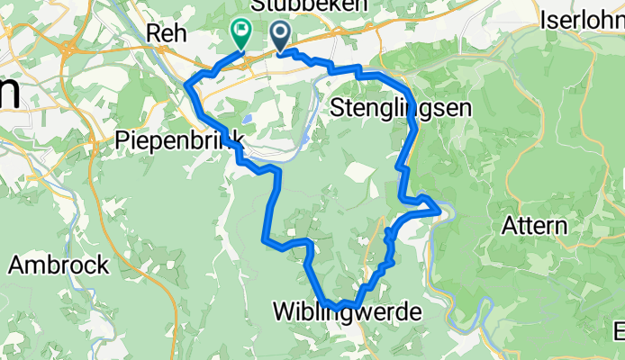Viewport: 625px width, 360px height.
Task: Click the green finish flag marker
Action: (241, 34)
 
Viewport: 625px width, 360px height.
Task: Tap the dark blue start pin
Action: (280, 36)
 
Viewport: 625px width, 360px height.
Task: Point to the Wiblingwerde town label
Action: (347, 312)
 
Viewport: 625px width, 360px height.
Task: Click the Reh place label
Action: (167, 33)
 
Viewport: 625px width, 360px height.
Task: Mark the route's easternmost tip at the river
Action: (439, 209)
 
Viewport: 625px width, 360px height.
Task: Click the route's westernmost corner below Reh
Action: (187, 85)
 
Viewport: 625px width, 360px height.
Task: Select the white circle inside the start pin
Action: (280, 31)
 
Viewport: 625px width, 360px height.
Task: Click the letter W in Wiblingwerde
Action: (282, 312)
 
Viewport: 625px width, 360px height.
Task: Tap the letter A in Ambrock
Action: (17, 265)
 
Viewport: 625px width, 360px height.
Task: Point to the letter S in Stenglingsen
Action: (338, 109)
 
